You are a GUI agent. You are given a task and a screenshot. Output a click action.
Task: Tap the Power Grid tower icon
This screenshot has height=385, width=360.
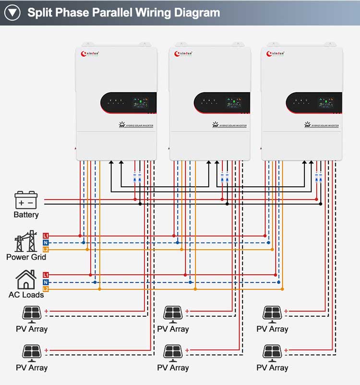tap(26, 241)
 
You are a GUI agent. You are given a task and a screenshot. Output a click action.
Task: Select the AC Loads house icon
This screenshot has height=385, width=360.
tap(26, 279)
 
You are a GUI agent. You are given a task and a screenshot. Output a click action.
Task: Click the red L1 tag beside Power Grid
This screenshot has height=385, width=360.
tap(46, 236)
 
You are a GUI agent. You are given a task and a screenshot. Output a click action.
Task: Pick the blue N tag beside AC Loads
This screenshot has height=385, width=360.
tap(46, 282)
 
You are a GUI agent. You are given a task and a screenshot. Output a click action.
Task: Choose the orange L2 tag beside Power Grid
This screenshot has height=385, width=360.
tap(46, 250)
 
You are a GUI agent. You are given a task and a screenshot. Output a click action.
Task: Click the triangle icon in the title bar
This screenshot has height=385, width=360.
tap(12, 12)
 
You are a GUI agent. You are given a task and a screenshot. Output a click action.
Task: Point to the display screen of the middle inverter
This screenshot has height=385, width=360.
tap(234, 102)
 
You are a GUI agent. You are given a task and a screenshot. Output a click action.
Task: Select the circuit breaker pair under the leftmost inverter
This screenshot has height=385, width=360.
tap(137, 177)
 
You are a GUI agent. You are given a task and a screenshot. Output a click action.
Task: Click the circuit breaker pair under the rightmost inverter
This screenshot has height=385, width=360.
tap(318, 177)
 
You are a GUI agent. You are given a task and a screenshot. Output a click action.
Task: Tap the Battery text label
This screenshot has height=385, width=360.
tap(26, 215)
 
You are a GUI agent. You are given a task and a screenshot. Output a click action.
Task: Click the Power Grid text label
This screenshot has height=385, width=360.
tap(26, 257)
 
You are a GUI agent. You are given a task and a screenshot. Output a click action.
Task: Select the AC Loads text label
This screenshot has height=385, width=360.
tap(26, 294)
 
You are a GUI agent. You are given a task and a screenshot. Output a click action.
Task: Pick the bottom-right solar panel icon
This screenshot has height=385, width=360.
tap(272, 352)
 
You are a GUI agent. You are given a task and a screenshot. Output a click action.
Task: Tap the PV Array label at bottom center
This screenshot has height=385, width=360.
tap(173, 368)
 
